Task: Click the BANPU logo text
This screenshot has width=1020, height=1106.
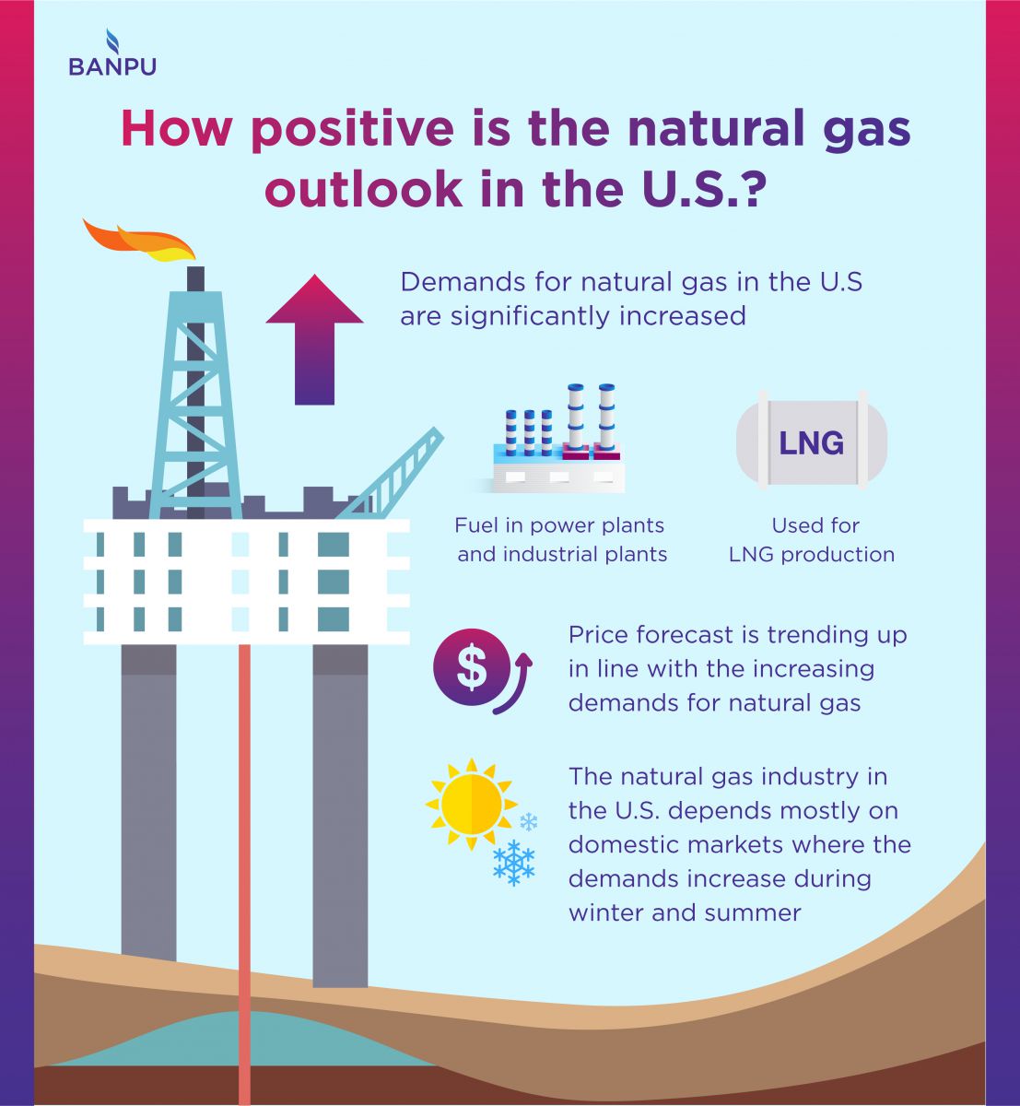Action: (x=111, y=66)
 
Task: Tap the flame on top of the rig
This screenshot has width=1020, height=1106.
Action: (x=139, y=241)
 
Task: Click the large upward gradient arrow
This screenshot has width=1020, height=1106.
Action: (x=314, y=339)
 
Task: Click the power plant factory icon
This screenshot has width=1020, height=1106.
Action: (x=558, y=439)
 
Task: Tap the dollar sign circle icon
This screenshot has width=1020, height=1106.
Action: (x=472, y=667)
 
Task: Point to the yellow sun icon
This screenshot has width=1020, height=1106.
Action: (x=471, y=805)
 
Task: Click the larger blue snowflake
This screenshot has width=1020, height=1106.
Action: (x=514, y=863)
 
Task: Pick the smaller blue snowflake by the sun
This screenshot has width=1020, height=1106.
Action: (x=528, y=821)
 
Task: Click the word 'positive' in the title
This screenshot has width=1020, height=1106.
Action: (x=352, y=130)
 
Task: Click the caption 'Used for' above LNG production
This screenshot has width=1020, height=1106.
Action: (x=815, y=525)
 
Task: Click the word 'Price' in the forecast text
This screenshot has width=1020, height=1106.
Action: (x=596, y=635)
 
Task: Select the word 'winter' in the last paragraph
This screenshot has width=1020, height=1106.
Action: (x=605, y=913)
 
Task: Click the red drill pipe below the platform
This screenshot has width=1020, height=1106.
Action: (x=244, y=875)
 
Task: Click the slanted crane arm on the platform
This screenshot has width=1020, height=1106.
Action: (x=391, y=474)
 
